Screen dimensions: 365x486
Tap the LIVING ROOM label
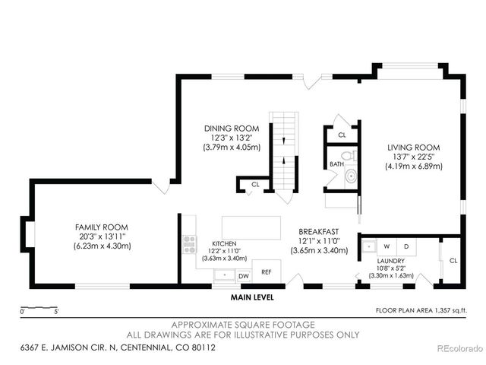[413, 148]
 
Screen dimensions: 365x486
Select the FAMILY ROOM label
[101, 227]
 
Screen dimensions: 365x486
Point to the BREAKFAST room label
[318, 232]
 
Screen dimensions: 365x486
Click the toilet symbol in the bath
[350, 178]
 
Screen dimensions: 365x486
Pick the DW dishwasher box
[244, 276]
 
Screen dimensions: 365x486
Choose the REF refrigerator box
[267, 271]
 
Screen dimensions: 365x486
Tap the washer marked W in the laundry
[387, 246]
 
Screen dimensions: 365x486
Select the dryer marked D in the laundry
[406, 246]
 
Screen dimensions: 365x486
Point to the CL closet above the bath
[342, 135]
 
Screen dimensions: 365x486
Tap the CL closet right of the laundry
[453, 260]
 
